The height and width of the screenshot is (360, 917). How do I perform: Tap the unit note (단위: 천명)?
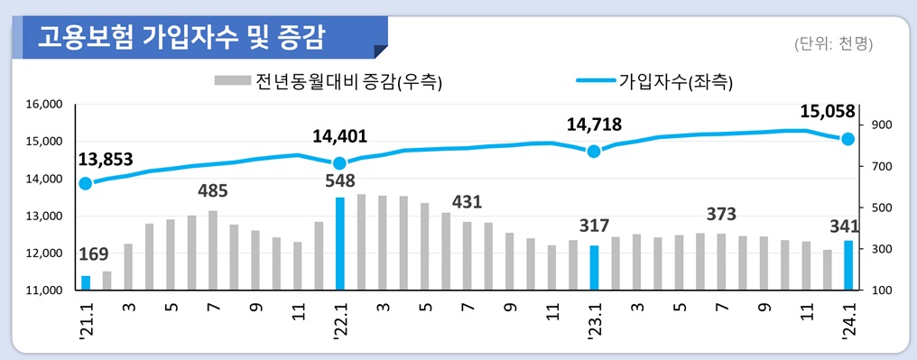pos(833,43)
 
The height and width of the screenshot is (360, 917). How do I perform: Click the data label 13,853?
pos(106,160)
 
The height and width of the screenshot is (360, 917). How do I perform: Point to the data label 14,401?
pos(339,137)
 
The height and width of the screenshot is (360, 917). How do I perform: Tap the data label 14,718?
pos(594,125)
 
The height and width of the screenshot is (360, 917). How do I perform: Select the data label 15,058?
pos(828,112)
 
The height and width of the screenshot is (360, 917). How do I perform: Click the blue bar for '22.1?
pos(339,244)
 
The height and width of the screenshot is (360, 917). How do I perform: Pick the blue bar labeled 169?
pos(86,282)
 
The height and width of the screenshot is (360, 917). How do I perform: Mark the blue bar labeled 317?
pos(594,267)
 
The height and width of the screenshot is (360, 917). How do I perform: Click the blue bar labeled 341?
pos(848,265)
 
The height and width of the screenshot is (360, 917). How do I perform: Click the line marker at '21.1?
pos(86,184)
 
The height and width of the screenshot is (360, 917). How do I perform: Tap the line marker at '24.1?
pos(848,139)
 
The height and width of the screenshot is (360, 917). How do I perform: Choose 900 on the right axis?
pos(883,125)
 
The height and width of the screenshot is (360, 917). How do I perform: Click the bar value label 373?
pos(721,215)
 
